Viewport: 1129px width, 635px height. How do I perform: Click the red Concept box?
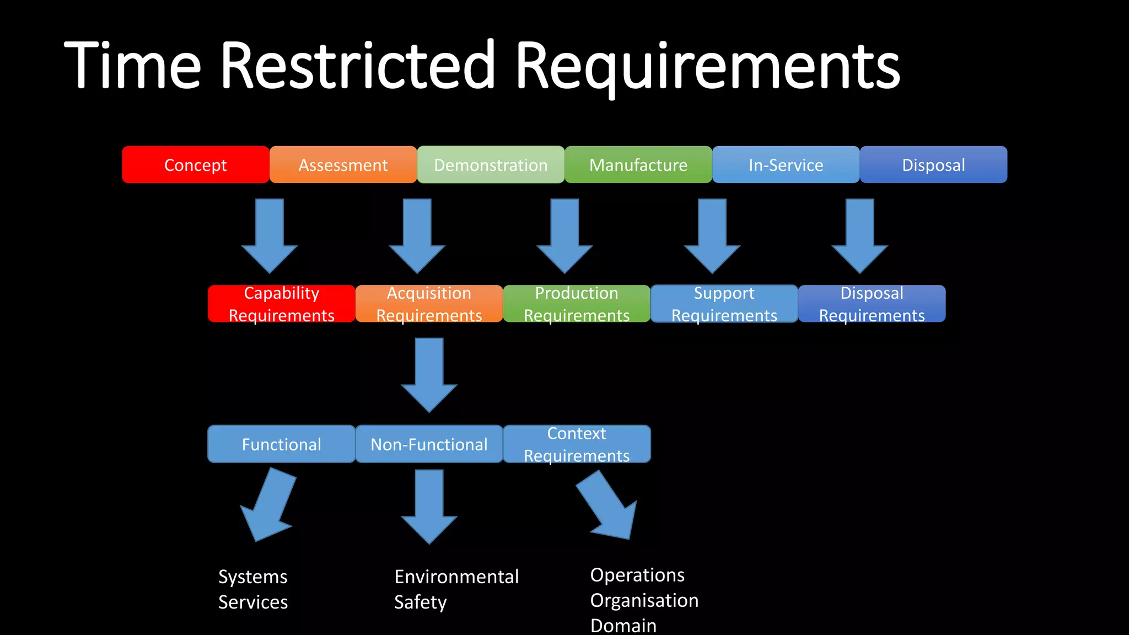(196, 165)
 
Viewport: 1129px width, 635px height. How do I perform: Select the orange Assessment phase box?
(343, 165)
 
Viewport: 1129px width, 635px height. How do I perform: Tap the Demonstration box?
(491, 165)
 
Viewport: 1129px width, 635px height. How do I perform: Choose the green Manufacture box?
(638, 165)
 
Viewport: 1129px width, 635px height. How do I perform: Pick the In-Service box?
(786, 165)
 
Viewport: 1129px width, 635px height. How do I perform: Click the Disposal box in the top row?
(933, 165)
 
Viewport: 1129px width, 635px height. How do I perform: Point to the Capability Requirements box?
(281, 304)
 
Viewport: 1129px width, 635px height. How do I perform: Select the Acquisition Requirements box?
(429, 304)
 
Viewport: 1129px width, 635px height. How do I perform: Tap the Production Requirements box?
(577, 304)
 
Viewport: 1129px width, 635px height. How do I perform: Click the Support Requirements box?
(724, 304)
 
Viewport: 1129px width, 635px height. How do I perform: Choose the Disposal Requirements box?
(872, 304)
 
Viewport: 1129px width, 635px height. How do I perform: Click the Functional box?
(281, 444)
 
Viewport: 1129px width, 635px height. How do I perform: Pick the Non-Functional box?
(429, 444)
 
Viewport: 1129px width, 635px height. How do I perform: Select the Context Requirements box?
(577, 444)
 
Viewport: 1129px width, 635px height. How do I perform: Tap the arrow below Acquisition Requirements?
(429, 375)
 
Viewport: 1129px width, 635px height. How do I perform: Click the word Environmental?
(456, 577)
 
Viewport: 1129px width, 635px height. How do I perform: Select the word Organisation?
(644, 600)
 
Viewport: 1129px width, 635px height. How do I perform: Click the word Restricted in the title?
(358, 66)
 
